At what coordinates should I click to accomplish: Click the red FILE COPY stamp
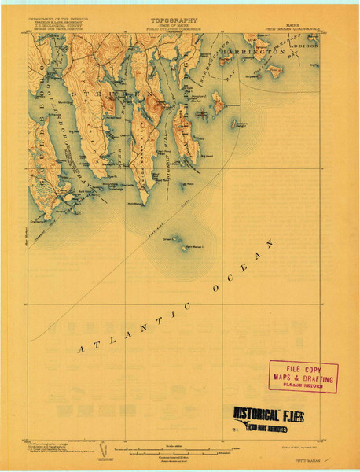[303, 376]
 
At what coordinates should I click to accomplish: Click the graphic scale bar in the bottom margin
[180, 450]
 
